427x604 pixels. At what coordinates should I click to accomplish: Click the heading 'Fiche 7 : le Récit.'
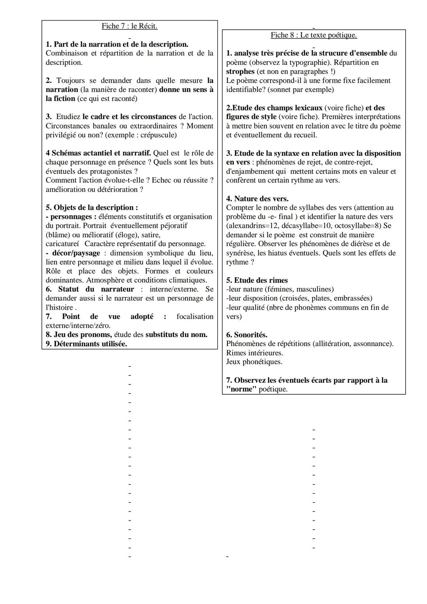[129, 26]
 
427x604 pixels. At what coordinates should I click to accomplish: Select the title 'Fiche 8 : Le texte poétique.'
[314, 35]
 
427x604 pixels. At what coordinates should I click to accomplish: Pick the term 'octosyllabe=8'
[359, 226]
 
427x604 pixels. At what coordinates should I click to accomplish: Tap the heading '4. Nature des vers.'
[257, 199]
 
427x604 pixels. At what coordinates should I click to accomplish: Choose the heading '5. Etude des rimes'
[257, 280]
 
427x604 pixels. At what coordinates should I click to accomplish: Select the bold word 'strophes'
[240, 72]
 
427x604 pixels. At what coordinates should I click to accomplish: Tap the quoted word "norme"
[241, 389]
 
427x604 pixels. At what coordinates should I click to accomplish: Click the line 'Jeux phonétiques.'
[254, 362]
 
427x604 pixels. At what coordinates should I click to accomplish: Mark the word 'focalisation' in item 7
[195, 316]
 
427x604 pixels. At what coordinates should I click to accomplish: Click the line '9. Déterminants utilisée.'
[86, 344]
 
